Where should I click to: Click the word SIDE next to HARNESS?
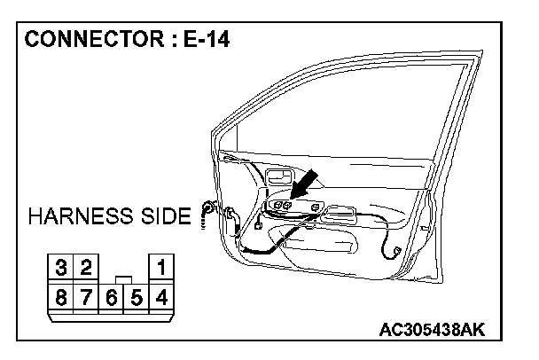(x=165, y=216)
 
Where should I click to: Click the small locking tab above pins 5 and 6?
(x=124, y=279)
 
